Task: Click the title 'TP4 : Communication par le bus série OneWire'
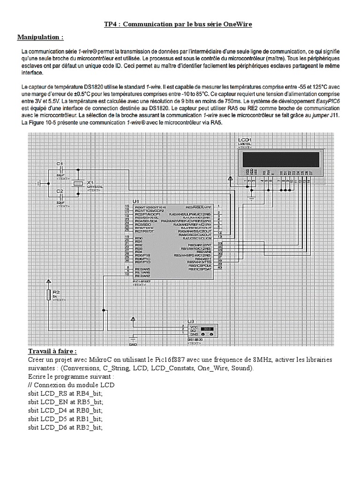coord(178,24)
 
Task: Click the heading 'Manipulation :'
coord(40,37)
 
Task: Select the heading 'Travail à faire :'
coord(52,352)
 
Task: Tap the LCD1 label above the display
coord(245,140)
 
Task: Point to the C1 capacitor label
coord(60,163)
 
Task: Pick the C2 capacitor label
coord(60,191)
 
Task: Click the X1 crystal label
coord(90,182)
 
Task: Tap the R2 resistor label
coord(57,292)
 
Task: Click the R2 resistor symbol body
coord(48,294)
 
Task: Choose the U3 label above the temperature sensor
coord(190,321)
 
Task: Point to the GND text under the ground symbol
coord(133,345)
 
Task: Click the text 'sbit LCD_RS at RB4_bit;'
coord(65,393)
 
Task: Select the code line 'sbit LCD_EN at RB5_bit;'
coord(65,402)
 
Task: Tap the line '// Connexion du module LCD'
coord(64,385)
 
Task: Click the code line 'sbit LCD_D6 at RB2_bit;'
coord(65,427)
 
